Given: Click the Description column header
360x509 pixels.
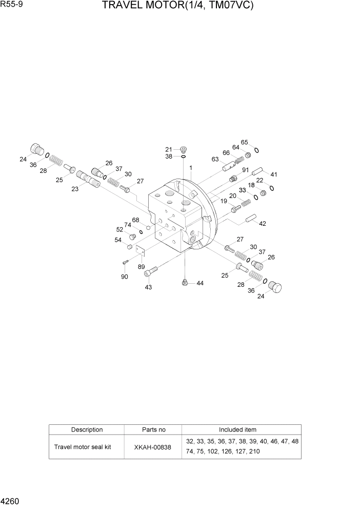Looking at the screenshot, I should pos(87,429).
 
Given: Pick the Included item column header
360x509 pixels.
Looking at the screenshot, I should pos(237,429).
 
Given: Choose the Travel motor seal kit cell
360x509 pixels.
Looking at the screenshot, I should pos(83,447).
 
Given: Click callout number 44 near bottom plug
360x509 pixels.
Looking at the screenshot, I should pos(199,283).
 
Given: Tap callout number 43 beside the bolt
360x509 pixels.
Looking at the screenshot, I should pos(148,287).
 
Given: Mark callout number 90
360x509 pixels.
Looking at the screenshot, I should pos(124,277).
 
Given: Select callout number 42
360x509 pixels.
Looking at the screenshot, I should pos(263,224).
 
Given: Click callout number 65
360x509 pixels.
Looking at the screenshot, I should pos(245,142).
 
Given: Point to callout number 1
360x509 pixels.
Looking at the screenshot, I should pos(191,168).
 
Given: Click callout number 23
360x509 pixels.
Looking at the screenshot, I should pos(75,189).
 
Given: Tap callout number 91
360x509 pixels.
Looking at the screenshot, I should pos(246,170).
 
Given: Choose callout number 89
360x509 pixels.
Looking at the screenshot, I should pos(141,267).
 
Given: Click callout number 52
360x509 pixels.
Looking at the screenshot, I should pos(119,230).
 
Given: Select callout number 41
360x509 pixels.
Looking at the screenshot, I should pos(274,174).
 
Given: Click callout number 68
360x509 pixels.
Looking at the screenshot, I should pos(136,220).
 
